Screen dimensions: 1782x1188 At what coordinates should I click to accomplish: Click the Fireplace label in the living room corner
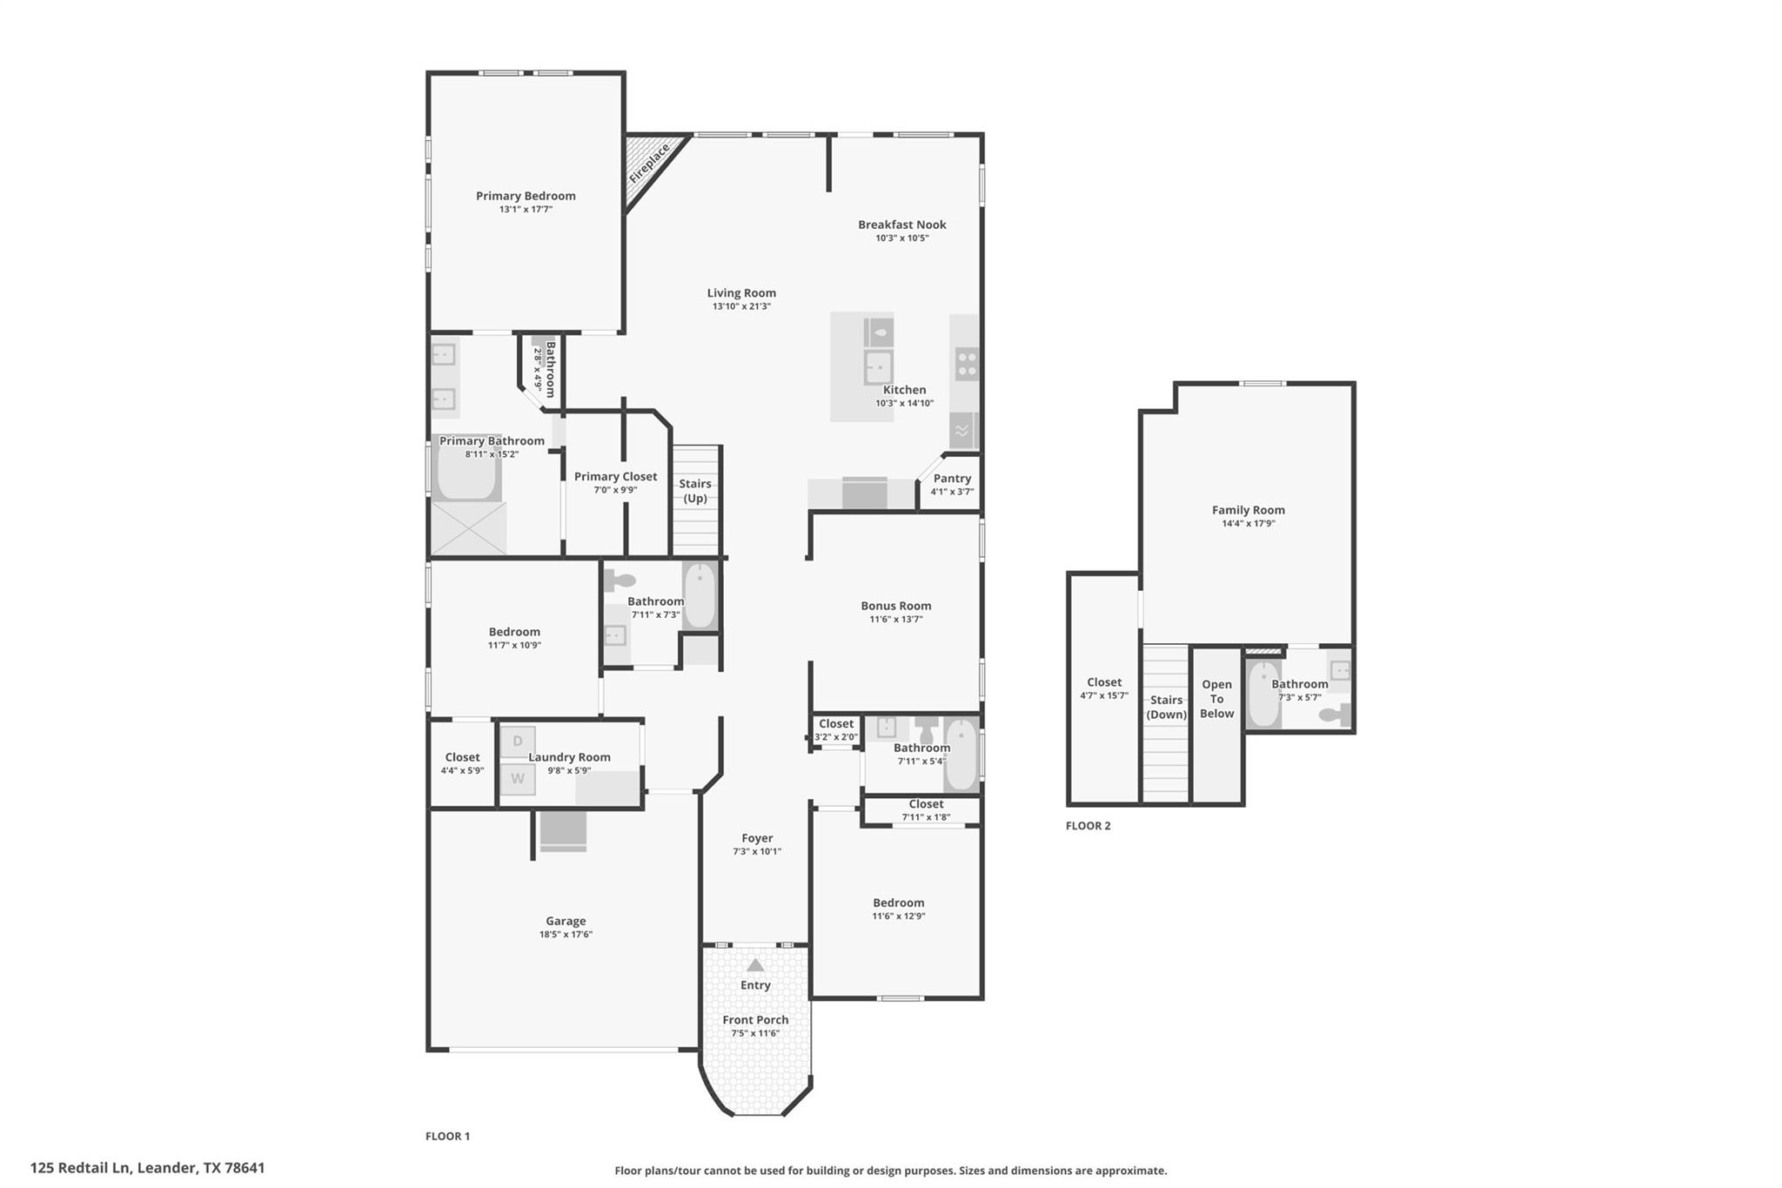650,163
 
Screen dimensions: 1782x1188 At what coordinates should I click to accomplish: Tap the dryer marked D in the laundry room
518,741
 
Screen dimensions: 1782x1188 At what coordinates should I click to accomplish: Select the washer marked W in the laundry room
518,778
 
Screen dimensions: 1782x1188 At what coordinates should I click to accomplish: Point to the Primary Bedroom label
526,196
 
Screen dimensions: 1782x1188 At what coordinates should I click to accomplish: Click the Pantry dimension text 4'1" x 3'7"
952,492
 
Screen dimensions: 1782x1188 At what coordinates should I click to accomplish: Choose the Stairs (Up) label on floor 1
695,491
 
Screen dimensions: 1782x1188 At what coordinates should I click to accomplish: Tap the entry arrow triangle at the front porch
755,964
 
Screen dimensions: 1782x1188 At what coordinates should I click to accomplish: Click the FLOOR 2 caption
1089,826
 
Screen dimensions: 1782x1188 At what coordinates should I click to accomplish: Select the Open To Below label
1216,699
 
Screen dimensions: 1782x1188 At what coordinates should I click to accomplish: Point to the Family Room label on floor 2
1249,510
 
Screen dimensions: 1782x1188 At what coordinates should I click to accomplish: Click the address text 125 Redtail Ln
80,1168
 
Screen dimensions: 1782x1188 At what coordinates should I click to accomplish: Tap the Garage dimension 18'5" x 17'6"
566,935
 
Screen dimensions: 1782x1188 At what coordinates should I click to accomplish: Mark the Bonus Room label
896,606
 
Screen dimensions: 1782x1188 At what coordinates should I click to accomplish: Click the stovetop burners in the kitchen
967,364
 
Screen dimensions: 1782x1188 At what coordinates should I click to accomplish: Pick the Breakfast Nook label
902,225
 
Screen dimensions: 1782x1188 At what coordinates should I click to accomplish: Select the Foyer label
757,838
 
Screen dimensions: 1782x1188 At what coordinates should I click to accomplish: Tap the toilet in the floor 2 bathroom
1335,715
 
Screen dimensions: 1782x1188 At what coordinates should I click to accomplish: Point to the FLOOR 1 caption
447,1136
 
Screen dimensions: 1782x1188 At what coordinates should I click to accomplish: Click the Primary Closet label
615,476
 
